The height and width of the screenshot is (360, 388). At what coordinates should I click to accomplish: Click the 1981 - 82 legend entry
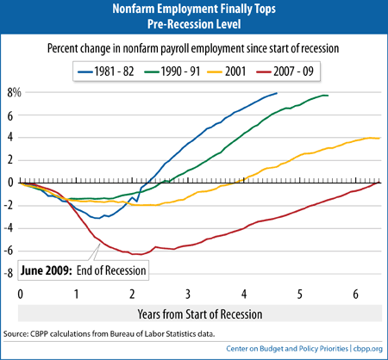coord(106,71)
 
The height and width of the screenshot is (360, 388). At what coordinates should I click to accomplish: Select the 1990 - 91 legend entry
coord(172,71)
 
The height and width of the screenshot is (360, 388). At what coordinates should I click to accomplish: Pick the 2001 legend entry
coord(227,71)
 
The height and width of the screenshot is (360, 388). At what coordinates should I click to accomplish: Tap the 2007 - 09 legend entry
coord(285,71)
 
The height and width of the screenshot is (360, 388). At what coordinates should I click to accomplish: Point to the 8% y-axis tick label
coord(14,93)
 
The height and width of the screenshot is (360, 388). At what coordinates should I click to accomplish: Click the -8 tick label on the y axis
coord(9,273)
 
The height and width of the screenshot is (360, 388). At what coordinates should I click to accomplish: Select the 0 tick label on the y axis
coord(10,183)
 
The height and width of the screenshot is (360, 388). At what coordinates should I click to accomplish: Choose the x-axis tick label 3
coord(188,294)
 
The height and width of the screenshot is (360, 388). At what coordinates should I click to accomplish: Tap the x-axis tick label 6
coord(355,294)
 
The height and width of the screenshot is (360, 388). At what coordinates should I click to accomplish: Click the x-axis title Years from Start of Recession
coord(200,314)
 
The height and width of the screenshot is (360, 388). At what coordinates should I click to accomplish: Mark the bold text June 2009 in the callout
coord(46,270)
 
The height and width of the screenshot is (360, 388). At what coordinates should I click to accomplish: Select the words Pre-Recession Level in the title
coord(194,24)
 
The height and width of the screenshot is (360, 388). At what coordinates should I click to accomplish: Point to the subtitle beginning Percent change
coord(193,48)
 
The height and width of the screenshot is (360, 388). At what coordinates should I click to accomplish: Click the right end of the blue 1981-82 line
coord(277,93)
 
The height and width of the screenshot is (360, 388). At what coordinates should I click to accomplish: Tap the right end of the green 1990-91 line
coord(328,96)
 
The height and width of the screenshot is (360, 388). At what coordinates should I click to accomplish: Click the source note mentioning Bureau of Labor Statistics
coord(110,334)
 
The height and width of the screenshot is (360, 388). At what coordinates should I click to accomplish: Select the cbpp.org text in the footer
coord(368,349)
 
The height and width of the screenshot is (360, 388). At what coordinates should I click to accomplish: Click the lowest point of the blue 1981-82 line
coord(98,219)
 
